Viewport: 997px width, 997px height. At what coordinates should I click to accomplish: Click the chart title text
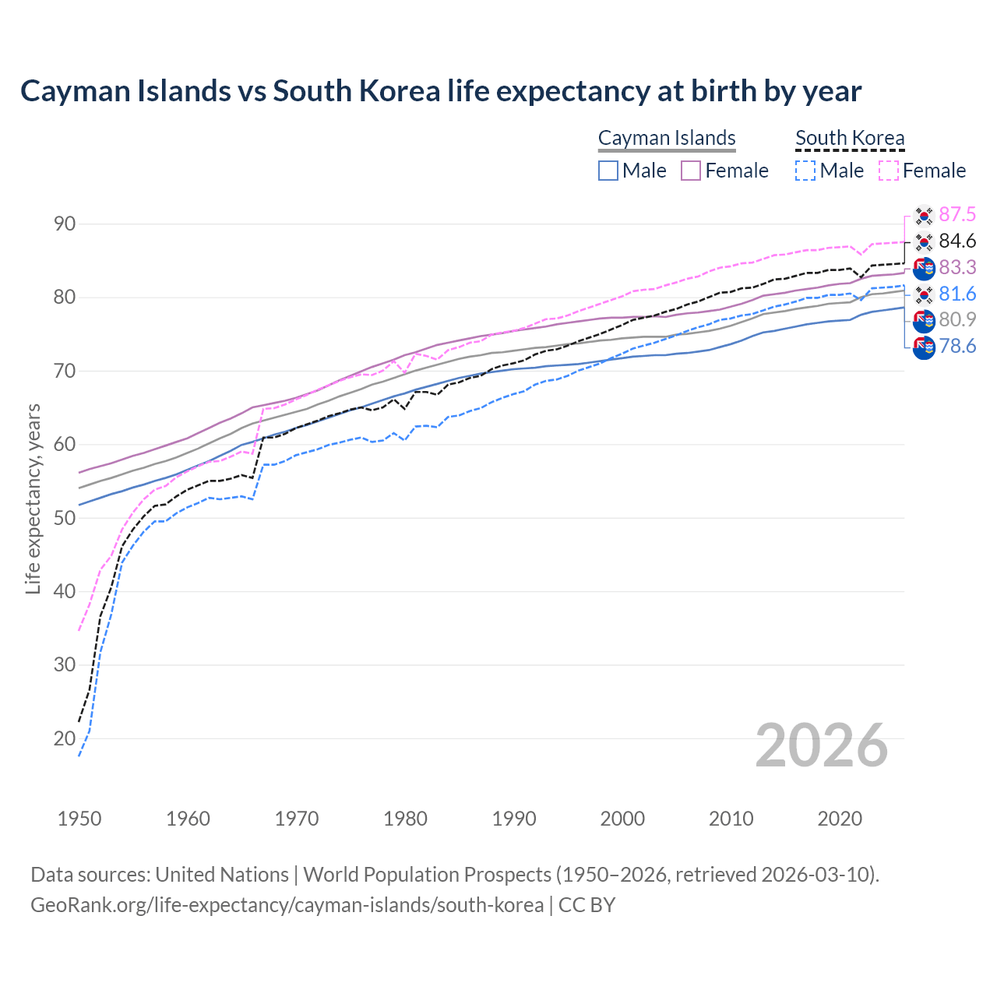point(441,91)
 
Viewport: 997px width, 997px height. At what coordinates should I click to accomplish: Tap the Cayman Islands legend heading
point(667,138)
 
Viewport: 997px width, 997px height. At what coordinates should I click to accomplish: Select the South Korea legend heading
point(850,138)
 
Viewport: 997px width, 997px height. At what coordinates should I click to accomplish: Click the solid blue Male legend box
point(608,171)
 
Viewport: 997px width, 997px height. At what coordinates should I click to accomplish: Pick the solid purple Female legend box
point(691,171)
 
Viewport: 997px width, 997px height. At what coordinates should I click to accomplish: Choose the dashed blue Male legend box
point(806,171)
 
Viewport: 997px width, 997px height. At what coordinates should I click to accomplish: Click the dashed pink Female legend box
point(889,171)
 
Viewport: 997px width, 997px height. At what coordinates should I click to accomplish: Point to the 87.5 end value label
point(957,215)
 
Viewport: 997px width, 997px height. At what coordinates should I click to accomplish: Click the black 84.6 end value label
point(957,241)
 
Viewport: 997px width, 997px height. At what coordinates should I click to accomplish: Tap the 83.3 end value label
point(957,268)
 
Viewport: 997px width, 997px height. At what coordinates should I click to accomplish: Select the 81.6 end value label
point(957,294)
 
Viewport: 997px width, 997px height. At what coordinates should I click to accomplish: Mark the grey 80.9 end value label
point(957,320)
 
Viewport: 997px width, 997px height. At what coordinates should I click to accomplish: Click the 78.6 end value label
point(957,347)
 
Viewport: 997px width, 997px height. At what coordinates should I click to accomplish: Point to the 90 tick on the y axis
point(65,224)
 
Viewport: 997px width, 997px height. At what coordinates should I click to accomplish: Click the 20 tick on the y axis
point(65,738)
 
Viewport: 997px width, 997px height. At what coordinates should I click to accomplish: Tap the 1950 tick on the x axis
point(79,819)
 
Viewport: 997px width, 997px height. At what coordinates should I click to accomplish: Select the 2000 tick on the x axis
point(622,819)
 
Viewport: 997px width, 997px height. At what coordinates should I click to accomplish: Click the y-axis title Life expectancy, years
point(33,498)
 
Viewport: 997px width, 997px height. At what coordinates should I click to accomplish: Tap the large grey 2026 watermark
point(821,745)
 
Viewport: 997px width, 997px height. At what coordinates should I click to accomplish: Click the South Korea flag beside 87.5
point(924,215)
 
